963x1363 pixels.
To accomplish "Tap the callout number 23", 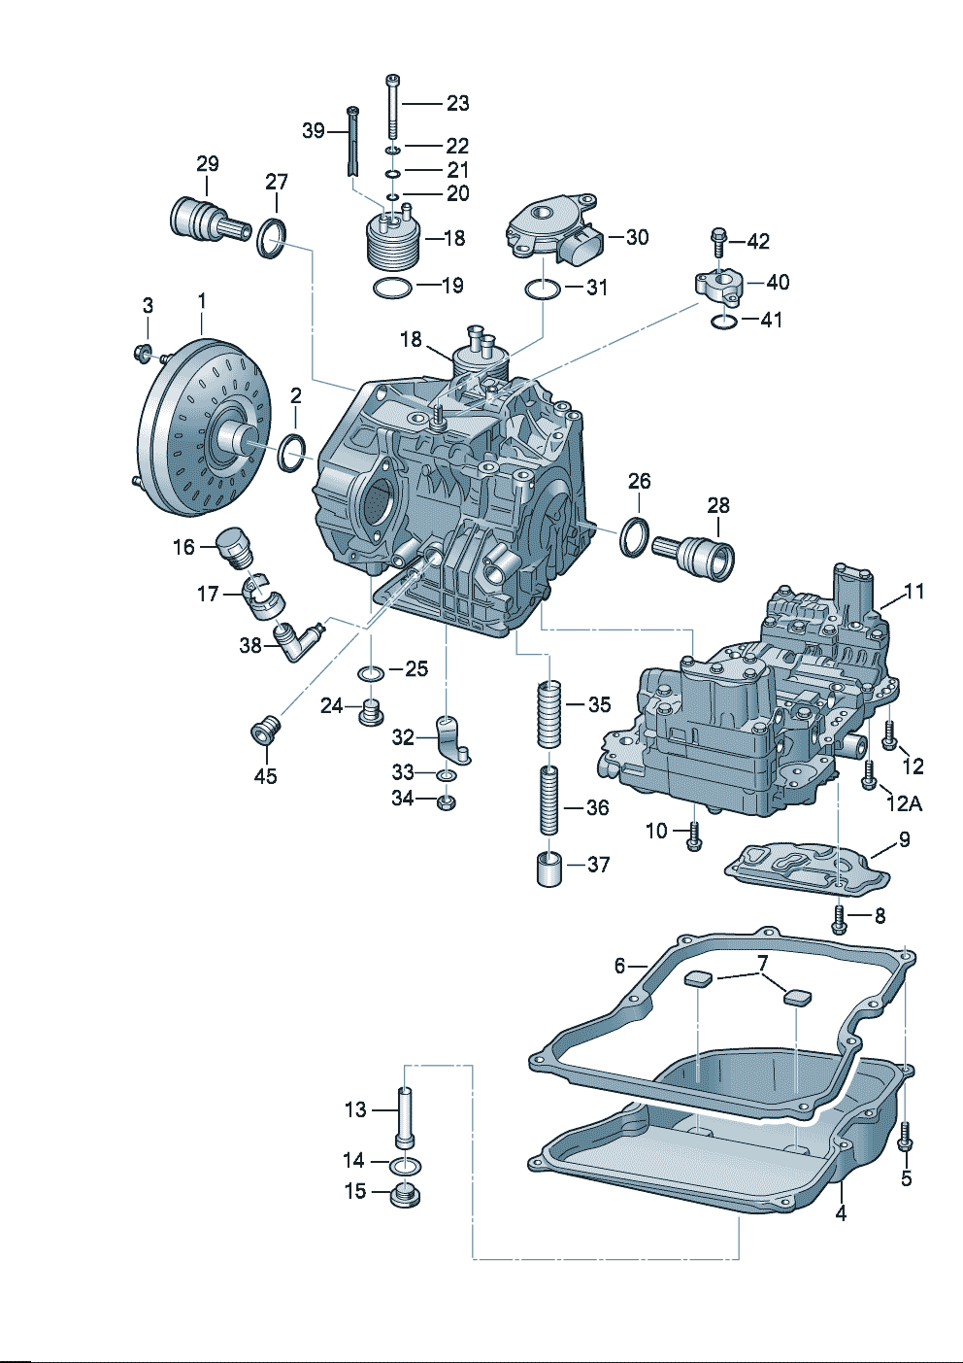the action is (x=458, y=103).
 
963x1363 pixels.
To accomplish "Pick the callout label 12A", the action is (x=904, y=804).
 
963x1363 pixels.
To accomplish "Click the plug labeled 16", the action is (x=235, y=547).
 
